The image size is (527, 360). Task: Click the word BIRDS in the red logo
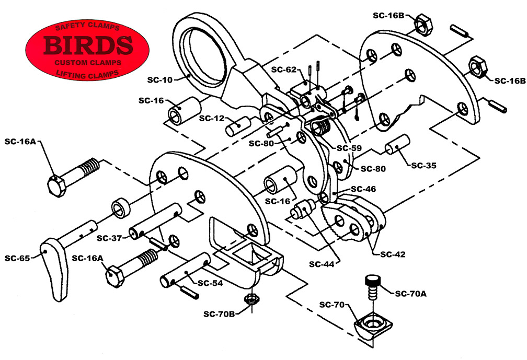[88, 45]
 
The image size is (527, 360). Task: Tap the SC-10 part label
[159, 80]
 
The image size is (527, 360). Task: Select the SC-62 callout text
[284, 69]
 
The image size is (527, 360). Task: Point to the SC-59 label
[349, 148]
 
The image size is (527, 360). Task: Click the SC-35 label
[424, 166]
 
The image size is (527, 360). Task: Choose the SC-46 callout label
[363, 189]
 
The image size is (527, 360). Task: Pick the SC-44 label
[322, 264]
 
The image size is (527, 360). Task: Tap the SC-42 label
[393, 254]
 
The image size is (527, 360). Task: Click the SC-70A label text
[411, 294]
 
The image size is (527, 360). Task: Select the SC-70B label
[219, 314]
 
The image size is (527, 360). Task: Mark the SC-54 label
[210, 283]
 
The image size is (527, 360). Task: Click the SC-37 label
[109, 238]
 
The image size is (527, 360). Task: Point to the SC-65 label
[17, 258]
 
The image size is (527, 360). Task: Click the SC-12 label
[211, 118]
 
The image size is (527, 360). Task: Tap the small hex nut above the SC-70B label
[251, 298]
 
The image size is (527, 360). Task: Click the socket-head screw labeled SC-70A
[373, 287]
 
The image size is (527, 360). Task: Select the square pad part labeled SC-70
[373, 324]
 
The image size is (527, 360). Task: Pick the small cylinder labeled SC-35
[397, 144]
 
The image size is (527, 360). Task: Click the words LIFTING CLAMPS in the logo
[87, 74]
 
